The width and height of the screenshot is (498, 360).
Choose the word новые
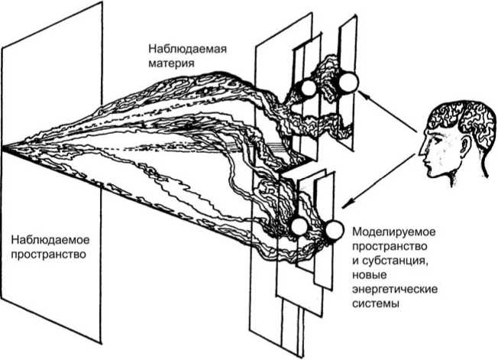pos(369,275)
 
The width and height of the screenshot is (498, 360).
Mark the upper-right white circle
pos(348,82)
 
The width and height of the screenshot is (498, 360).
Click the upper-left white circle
pos(308,89)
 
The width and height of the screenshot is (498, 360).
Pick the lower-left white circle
pos(298,225)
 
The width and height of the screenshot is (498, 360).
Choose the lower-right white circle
pos(334,230)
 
